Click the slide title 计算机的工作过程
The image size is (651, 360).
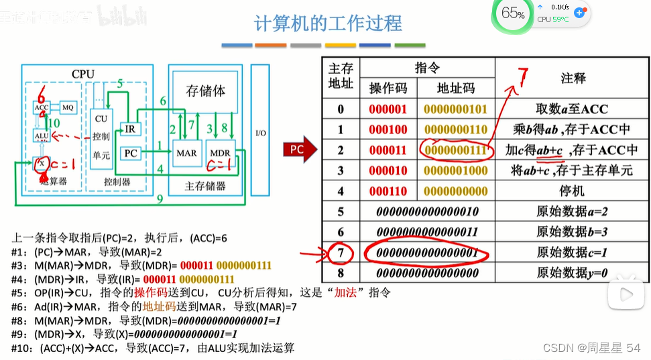(329, 23)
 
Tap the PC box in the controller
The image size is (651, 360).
(131, 154)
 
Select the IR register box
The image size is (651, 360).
(131, 129)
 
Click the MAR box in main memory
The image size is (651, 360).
(186, 153)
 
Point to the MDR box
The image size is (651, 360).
(219, 153)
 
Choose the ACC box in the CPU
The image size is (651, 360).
(42, 107)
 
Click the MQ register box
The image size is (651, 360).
(68, 107)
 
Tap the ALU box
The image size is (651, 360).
(42, 137)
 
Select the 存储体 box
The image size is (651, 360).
(205, 92)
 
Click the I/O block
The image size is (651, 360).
(260, 133)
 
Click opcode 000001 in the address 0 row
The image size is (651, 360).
(388, 109)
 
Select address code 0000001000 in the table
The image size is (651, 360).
(456, 170)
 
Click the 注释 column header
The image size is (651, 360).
(573, 78)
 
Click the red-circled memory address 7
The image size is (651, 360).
(341, 253)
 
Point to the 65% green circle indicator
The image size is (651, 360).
(513, 13)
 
